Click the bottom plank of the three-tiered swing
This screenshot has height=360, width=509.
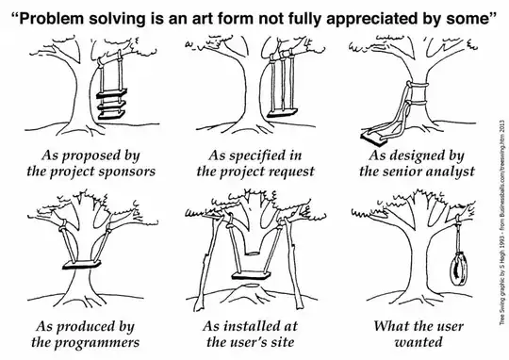pyautogui.click(x=113, y=117)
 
